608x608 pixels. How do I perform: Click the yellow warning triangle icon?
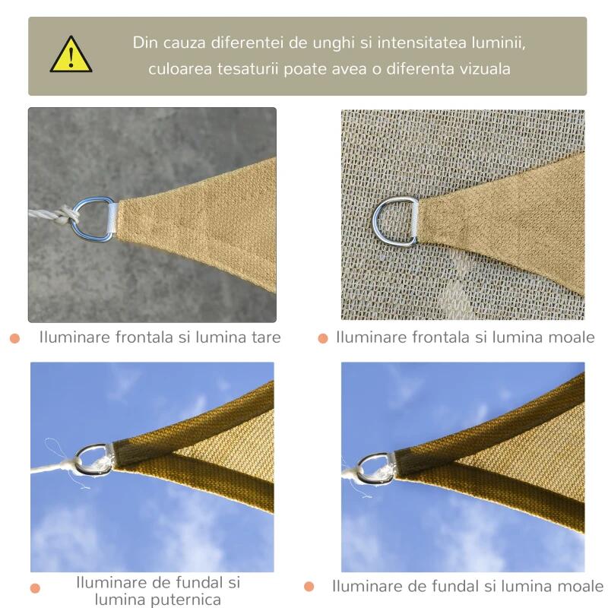[71, 55]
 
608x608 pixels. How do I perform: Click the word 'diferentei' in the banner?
[246, 43]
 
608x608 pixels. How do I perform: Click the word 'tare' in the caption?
[266, 337]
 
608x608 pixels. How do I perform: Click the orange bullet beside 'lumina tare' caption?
[14, 338]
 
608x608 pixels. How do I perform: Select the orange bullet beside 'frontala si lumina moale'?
[322, 338]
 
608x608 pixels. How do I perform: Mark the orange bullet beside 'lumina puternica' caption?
[35, 587]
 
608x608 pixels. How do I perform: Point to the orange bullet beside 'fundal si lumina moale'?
[309, 586]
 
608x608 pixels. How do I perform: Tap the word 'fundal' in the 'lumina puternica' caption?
[200, 583]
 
